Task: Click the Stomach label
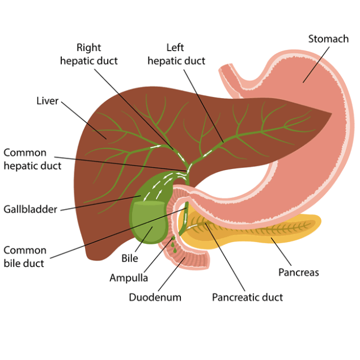click(328, 39)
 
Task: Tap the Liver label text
click(48, 101)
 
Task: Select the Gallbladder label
click(30, 209)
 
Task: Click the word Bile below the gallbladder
click(130, 259)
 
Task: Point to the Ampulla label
click(129, 278)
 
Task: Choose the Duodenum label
click(155, 297)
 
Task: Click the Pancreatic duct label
click(247, 297)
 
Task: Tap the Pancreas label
click(298, 273)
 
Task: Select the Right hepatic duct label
click(89, 54)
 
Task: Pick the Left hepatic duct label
click(176, 54)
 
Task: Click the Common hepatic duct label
click(32, 159)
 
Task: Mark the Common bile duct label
click(25, 257)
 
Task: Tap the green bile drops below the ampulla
click(173, 245)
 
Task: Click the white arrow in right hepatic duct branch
click(156, 146)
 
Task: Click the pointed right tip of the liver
click(332, 113)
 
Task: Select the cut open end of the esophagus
click(226, 66)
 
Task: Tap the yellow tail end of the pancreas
click(318, 221)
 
